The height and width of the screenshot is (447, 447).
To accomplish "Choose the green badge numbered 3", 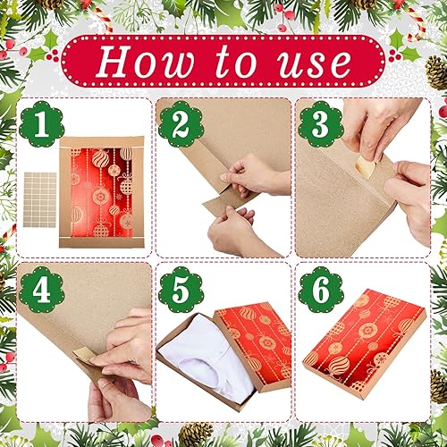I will (322, 125).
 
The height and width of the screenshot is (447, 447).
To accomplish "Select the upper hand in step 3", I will (380, 125).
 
